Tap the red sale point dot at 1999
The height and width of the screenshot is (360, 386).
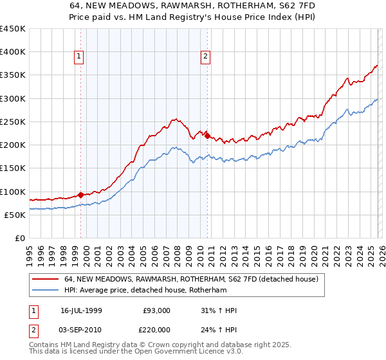(x=80, y=195)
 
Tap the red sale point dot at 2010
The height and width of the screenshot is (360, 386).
(x=207, y=136)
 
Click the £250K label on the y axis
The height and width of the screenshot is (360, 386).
(x=13, y=122)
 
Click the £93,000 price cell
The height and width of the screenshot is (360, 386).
(x=157, y=310)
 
